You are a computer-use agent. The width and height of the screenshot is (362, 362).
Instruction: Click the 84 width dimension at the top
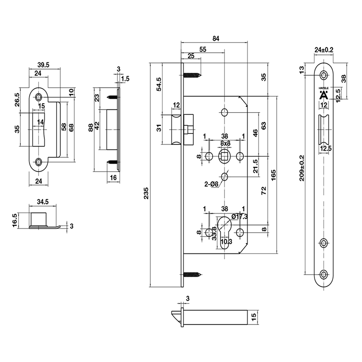pyautogui.click(x=215, y=39)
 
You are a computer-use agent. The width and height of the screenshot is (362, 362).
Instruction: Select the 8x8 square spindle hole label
pyautogui.click(x=224, y=143)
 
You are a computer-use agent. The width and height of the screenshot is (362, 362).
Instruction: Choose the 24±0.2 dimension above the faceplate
pyautogui.click(x=324, y=50)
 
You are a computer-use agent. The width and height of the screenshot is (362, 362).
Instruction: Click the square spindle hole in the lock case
pyautogui.click(x=224, y=156)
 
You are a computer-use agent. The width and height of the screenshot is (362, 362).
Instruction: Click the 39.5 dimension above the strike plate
pyautogui.click(x=44, y=65)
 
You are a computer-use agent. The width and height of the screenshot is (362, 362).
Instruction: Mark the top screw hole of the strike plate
pyautogui.click(x=39, y=96)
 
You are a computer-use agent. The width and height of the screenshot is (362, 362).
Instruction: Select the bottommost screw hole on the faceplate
pyautogui.click(x=324, y=274)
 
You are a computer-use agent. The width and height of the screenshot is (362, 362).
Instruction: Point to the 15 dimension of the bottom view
pyautogui.click(x=254, y=316)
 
